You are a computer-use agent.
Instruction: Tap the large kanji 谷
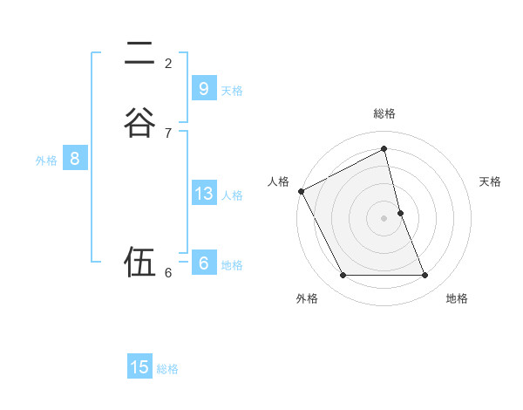pyautogui.click(x=139, y=121)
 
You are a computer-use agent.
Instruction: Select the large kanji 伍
pyautogui.click(x=139, y=262)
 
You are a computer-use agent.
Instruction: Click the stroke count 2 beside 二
pyautogui.click(x=168, y=63)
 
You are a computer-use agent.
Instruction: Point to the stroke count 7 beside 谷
pyautogui.click(x=168, y=133)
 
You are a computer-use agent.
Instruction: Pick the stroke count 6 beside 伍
pyautogui.click(x=168, y=272)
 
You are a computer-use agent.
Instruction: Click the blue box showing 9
pyautogui.click(x=203, y=89)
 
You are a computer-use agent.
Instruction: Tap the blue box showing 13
pyautogui.click(x=203, y=194)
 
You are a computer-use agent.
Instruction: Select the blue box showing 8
pyautogui.click(x=75, y=159)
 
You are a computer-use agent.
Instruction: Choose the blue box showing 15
pyautogui.click(x=139, y=367)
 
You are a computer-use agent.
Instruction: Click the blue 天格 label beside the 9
pyautogui.click(x=232, y=91)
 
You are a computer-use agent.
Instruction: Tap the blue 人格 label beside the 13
pyautogui.click(x=232, y=195)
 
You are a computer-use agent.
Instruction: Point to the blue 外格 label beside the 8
pyautogui.click(x=46, y=161)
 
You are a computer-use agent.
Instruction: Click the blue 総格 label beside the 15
pyautogui.click(x=167, y=369)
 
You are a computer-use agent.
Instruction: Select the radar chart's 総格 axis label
pyautogui.click(x=384, y=113)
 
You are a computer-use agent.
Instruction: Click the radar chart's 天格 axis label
pyautogui.click(x=491, y=181)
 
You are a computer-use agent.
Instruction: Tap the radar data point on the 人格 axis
pyautogui.click(x=301, y=191)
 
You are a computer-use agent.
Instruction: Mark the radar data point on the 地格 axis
pyautogui.click(x=425, y=276)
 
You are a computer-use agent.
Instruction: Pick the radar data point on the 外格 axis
pyautogui.click(x=343, y=276)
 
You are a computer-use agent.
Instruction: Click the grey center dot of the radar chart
pyautogui.click(x=384, y=218)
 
